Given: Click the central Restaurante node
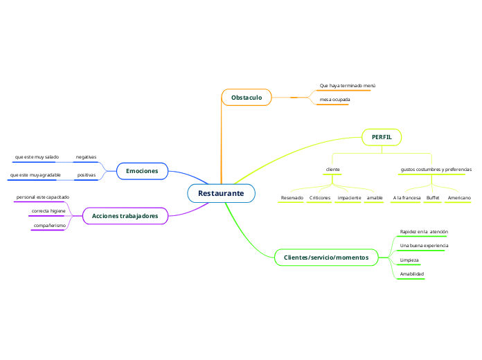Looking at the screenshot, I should tap(221, 193).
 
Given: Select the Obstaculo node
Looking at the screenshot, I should tap(247, 98).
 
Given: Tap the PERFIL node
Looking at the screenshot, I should tap(382, 137).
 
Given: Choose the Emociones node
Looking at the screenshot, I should tap(142, 170).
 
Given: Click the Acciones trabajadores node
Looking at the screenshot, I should tap(125, 216).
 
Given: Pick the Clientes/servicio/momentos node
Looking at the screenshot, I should tap(326, 257).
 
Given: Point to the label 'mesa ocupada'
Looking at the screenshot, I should tap(334, 100).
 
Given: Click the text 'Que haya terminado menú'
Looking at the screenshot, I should tap(347, 85).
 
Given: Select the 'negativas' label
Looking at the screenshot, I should tap(86, 157).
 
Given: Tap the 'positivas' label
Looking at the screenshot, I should tap(87, 175).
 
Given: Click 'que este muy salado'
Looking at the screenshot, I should tap(37, 157).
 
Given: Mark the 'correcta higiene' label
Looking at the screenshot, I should tap(48, 210).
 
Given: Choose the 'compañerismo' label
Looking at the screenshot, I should tap(49, 226).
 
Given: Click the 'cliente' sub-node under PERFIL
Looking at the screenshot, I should tap(332, 170).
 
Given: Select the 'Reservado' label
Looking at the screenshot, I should tap(292, 198).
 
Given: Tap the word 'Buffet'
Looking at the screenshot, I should tap(433, 198).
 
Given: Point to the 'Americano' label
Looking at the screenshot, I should tap(459, 198).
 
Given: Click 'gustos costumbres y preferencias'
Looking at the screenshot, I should tap(436, 170).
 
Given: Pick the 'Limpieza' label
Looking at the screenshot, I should tap(409, 260).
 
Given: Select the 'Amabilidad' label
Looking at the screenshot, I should tap(412, 274).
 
